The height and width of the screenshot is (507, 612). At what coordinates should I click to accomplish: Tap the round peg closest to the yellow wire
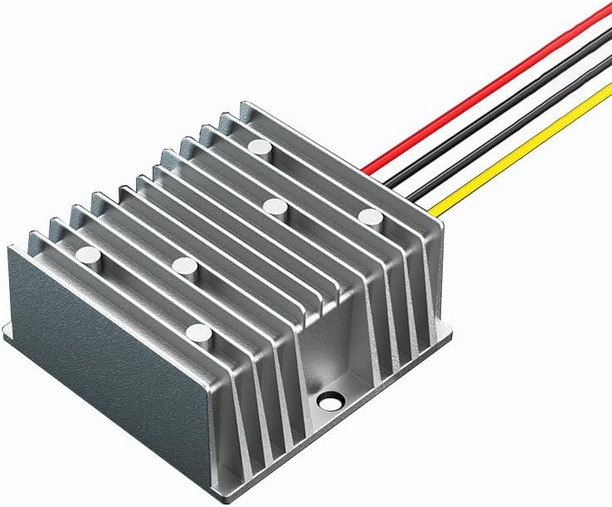371,217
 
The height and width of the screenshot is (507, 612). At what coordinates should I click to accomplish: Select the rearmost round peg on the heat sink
260,148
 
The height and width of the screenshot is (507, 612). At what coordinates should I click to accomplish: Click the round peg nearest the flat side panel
88,253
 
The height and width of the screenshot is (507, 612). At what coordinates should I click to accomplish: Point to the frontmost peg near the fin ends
198,333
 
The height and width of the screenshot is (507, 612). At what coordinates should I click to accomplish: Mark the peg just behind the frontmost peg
184,266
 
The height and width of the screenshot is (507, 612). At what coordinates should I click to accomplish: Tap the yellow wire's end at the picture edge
608,87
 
